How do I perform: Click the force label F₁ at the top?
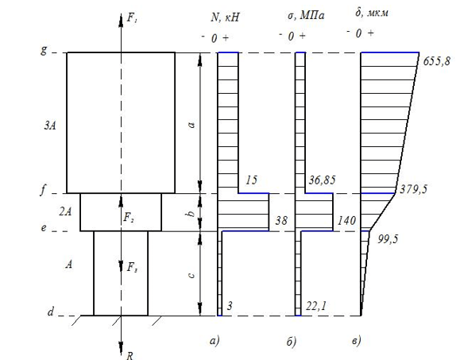tap(133, 18)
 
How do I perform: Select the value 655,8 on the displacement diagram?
tap(436, 62)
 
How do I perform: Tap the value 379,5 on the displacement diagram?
tap(414, 189)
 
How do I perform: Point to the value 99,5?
tap(388, 239)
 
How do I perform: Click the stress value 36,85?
tap(322, 180)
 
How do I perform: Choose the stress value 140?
tap(346, 220)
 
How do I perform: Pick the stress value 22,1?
tap(315, 306)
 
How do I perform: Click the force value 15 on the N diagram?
tap(251, 180)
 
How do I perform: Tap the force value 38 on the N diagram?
tap(281, 220)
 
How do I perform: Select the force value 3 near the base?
tap(230, 306)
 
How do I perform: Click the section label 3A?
tap(50, 126)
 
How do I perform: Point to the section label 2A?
tap(65, 211)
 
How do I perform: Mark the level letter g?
tap(44, 51)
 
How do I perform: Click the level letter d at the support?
tap(51, 312)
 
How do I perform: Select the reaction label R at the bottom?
tap(129, 355)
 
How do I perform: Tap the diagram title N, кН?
tap(225, 17)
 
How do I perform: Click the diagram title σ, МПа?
tap(306, 16)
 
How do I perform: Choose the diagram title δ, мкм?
tap(372, 13)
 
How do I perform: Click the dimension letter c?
tap(191, 276)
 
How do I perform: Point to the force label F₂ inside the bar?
tap(129, 218)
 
